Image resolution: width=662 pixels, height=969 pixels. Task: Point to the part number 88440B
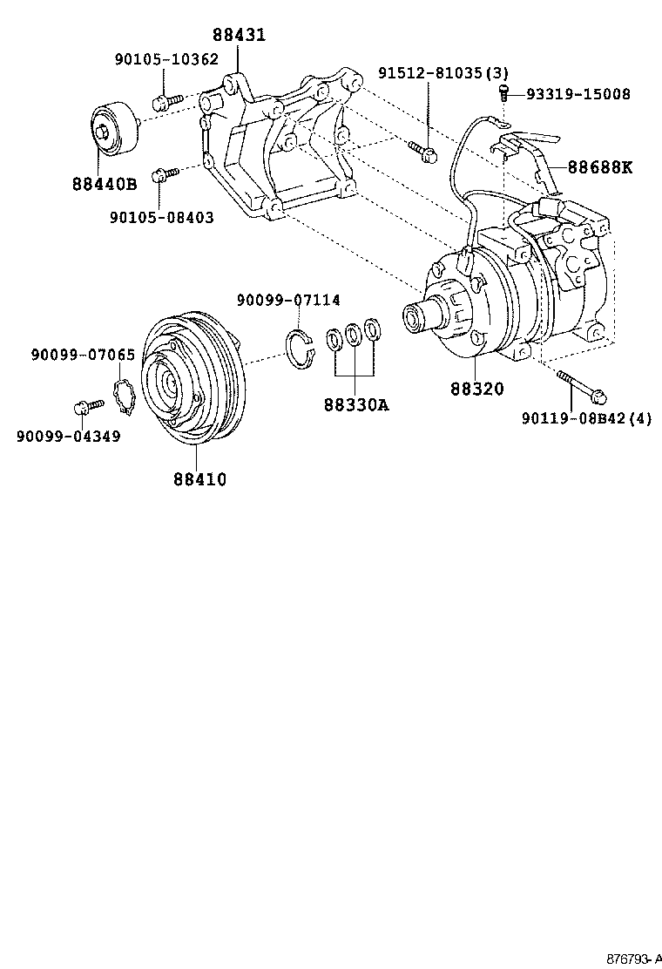pos(104,184)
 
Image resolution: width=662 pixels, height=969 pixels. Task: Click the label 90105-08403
pos(162,217)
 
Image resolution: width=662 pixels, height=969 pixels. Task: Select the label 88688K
pos(601,166)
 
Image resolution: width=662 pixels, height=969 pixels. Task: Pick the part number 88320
pos(477,389)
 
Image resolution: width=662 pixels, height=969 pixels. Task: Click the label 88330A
pos(356,404)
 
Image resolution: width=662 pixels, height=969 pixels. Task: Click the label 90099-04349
pos(69,435)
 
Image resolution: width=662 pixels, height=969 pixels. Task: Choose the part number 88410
pos(199,478)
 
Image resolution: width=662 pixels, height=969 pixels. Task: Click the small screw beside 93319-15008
pos(503,91)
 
